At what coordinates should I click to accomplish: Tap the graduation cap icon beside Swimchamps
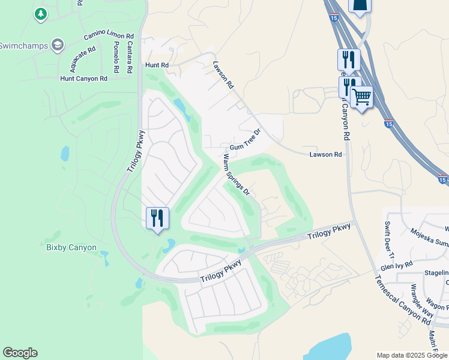[x=58, y=45]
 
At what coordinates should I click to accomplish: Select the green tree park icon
[x=41, y=14]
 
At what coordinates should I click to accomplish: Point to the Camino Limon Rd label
[x=107, y=34]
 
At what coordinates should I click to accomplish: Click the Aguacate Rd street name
[x=82, y=56]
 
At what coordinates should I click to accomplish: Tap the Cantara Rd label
[x=130, y=58]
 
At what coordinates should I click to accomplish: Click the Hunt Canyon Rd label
[x=83, y=79]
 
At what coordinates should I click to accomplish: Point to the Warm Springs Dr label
[x=236, y=175]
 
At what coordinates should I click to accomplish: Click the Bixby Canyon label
[x=71, y=247]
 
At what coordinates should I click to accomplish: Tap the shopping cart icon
[x=361, y=97]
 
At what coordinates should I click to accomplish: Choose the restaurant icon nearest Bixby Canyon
[x=157, y=218]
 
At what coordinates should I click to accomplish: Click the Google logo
[x=20, y=353]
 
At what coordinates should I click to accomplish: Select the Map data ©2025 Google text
[x=412, y=355]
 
